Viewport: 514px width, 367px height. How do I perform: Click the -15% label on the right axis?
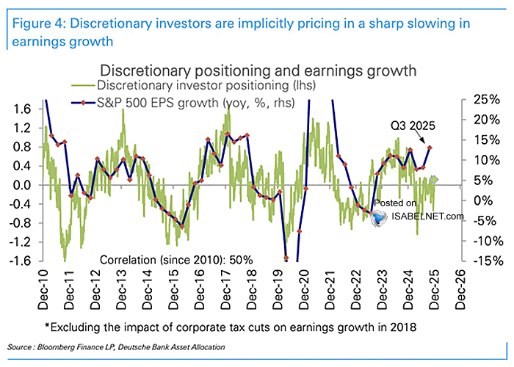(478, 261)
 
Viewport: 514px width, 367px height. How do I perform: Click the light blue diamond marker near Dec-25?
(435, 179)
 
